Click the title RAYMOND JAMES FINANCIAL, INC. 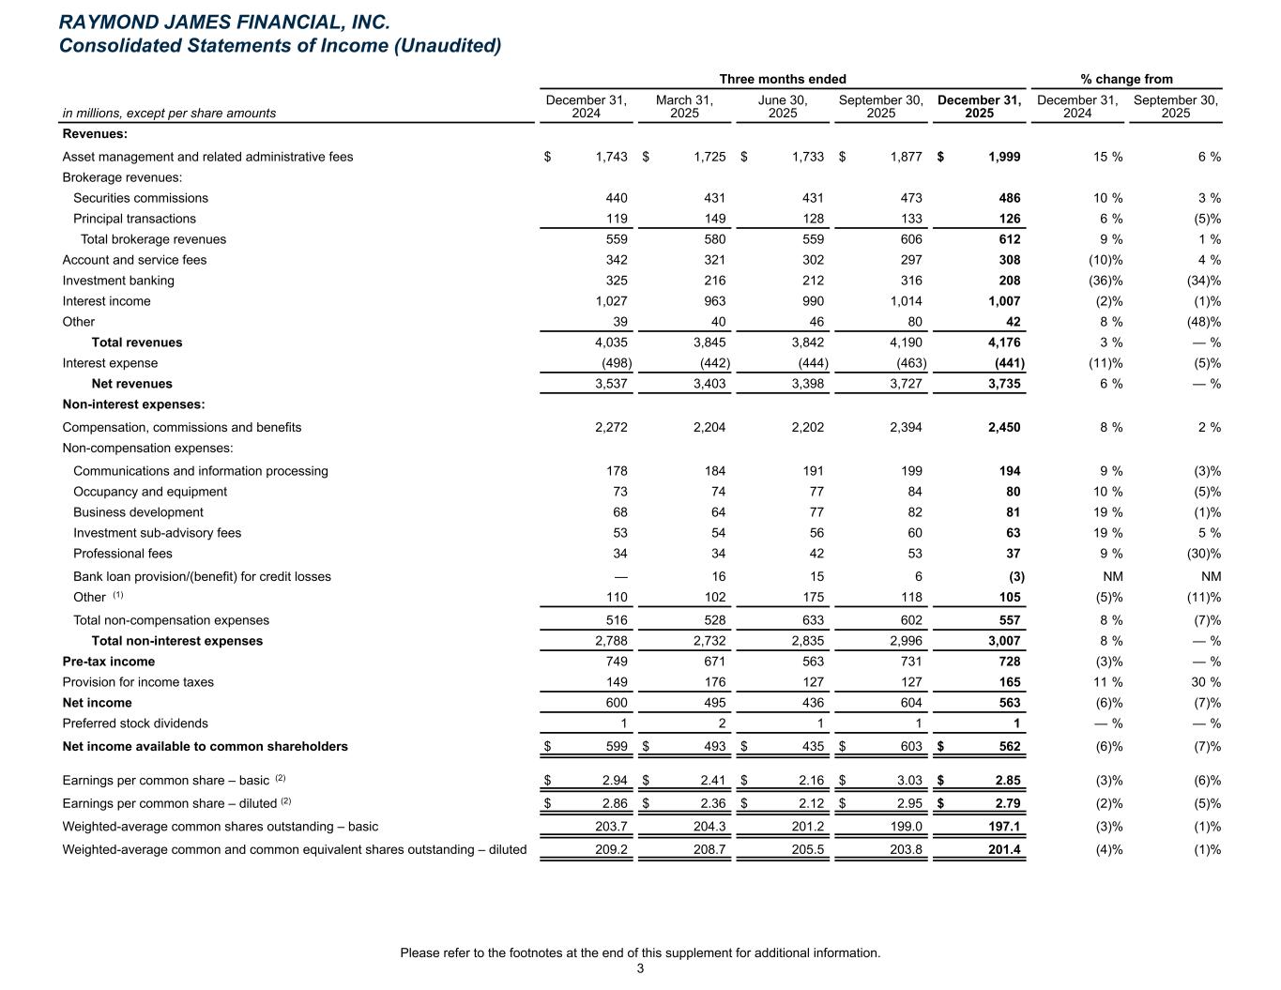(x=224, y=22)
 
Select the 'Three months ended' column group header (x=782, y=79)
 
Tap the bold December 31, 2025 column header (x=979, y=106)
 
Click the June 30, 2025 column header (x=782, y=106)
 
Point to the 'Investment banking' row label (x=118, y=281)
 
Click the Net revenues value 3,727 (x=903, y=384)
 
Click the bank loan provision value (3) (x=1015, y=576)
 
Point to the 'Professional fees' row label (x=123, y=554)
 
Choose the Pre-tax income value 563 (x=809, y=662)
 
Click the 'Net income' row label (x=97, y=703)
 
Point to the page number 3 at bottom (x=640, y=969)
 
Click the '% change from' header (x=1126, y=79)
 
